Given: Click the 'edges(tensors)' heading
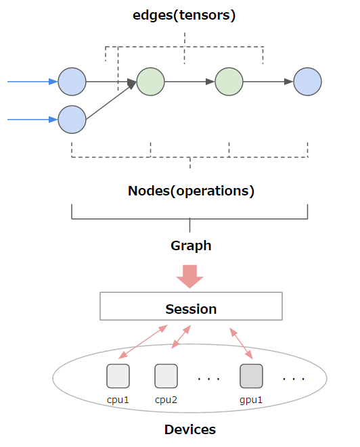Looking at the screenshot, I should [x=184, y=16].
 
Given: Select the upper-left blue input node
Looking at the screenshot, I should [x=72, y=82].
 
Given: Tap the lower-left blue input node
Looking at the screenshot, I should [x=72, y=120].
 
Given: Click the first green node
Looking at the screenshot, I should [x=151, y=82].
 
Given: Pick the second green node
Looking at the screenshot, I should [x=229, y=82].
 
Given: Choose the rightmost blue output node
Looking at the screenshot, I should [x=307, y=82].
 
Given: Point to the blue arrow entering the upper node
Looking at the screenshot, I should [x=32, y=82].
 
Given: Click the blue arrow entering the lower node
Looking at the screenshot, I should [x=32, y=120].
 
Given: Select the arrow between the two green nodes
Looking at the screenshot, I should [x=189, y=82].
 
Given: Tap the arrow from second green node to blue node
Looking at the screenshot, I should [x=268, y=82].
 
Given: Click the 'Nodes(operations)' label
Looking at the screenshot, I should [x=191, y=191].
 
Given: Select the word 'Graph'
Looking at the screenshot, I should [x=191, y=245].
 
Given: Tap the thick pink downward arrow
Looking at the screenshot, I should [x=190, y=275].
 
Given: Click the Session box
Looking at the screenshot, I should [x=191, y=307].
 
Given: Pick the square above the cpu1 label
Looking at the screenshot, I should [x=118, y=375].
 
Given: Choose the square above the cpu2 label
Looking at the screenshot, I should [x=166, y=375].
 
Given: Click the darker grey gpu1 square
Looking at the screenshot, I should [x=251, y=375].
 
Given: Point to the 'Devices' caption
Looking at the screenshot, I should [x=190, y=429].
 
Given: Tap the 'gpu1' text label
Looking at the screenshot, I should [x=251, y=400].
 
